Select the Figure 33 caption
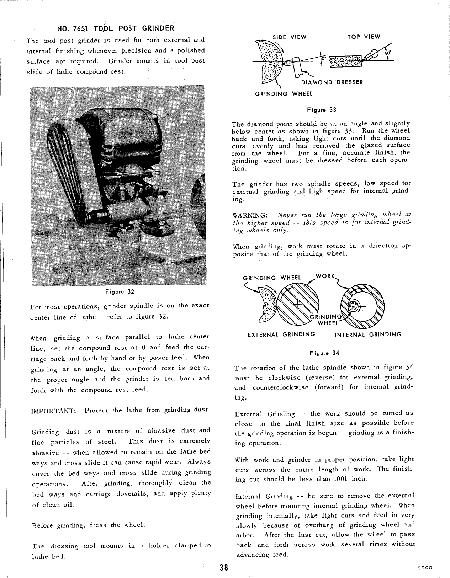click(321, 110)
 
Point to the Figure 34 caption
click(324, 353)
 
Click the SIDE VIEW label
click(289, 37)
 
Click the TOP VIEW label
click(364, 37)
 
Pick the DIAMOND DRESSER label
click(332, 82)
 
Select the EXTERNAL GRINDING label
click(281, 334)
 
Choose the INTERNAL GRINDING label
click(368, 335)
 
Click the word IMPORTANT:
click(54, 411)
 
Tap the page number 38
click(223, 567)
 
